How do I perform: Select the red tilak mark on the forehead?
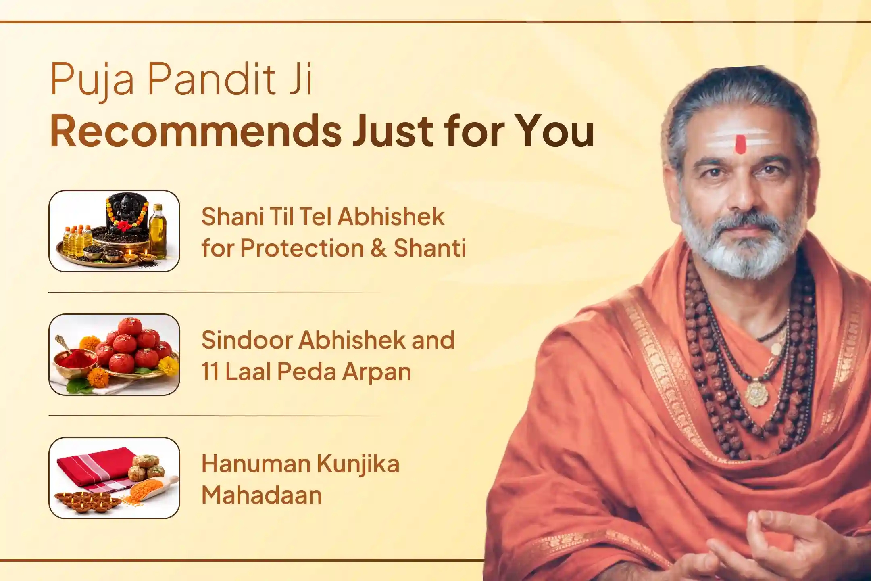click(740, 144)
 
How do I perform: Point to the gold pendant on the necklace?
click(756, 394)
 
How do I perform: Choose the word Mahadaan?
click(262, 495)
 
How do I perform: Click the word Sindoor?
click(246, 340)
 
